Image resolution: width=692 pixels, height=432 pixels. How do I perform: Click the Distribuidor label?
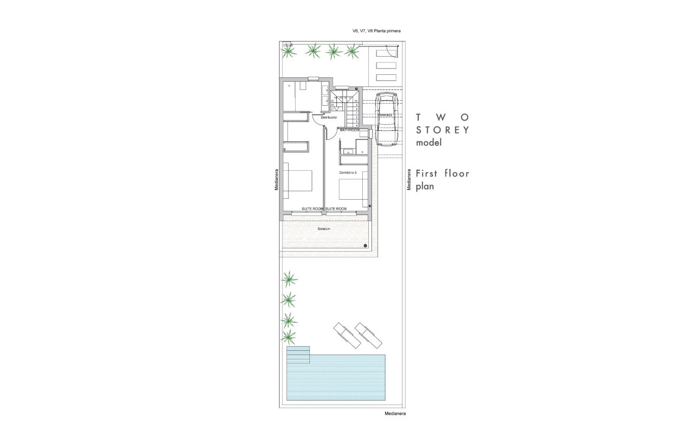click(329, 117)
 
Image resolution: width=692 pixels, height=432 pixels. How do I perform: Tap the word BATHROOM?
click(350, 130)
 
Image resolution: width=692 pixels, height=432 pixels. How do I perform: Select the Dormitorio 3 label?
click(348, 173)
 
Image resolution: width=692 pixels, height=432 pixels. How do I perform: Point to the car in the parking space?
click(387, 119)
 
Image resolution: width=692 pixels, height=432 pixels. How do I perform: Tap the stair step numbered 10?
click(357, 101)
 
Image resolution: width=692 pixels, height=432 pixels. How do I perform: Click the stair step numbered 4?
click(357, 125)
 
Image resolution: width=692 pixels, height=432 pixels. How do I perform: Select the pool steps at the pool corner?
click(298, 355)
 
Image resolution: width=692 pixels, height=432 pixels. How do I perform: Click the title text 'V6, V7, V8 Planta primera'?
click(377, 31)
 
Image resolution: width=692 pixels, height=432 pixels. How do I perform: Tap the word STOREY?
click(442, 130)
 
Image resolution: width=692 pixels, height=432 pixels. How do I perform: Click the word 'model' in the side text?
click(428, 143)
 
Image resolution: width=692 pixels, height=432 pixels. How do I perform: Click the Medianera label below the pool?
click(395, 414)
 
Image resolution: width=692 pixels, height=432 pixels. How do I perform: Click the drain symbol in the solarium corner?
click(366, 245)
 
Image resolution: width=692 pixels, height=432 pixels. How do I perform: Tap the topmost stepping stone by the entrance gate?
click(386, 53)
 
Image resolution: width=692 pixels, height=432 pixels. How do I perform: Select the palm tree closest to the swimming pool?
click(289, 336)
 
